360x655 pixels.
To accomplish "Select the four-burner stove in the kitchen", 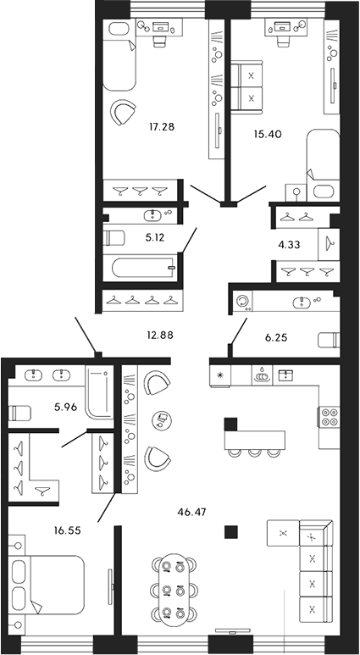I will coord(328,419).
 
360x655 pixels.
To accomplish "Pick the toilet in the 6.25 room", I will coord(328,341).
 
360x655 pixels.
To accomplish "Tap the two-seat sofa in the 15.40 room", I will coord(252,86).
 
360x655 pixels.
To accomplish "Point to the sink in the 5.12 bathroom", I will coord(156,214).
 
